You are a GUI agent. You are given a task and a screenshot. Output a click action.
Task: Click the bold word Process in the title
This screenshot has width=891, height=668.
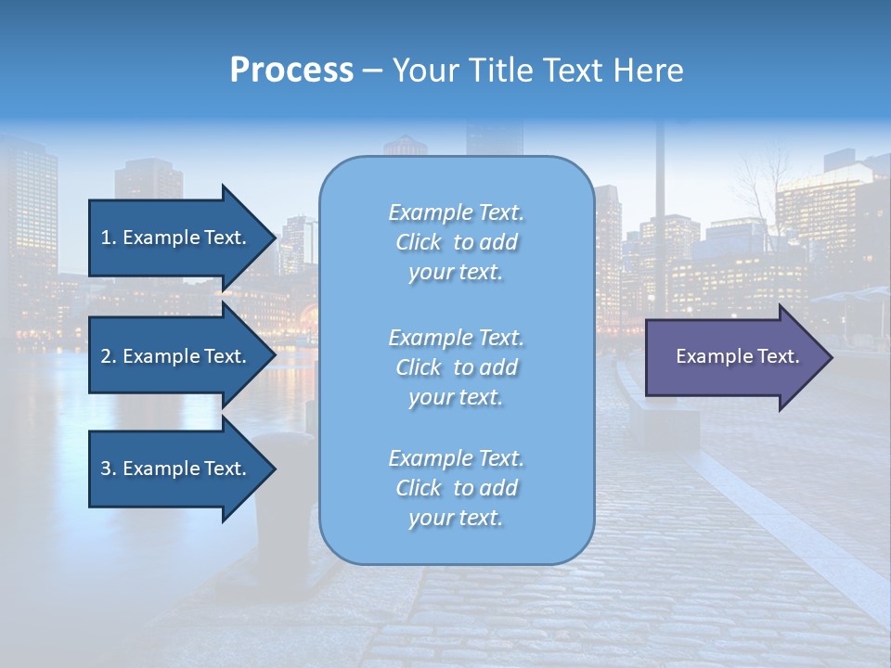coord(291,71)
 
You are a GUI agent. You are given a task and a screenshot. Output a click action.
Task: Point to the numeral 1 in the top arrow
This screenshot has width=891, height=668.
coord(106,238)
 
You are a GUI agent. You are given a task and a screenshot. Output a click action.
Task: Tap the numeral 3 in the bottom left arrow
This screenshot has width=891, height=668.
coord(106,469)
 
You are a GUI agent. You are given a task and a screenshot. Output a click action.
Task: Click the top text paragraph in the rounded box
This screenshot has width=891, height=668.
coord(456,242)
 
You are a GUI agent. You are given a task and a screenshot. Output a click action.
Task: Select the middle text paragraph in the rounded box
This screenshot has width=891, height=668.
coord(456,367)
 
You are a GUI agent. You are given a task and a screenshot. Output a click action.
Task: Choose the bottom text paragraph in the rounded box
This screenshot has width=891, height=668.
coord(456,488)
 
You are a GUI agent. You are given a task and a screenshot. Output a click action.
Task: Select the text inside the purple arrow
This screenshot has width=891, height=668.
coord(738,356)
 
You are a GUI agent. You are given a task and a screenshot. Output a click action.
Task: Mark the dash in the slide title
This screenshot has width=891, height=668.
coord(372,71)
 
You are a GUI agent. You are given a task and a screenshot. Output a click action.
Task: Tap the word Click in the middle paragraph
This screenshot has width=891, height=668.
coord(419,367)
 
